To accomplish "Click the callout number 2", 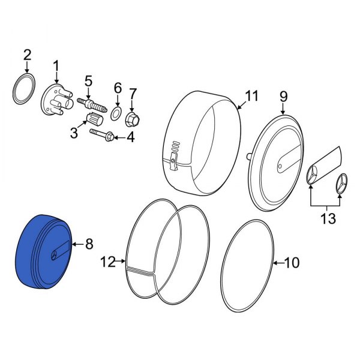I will (x=27, y=56).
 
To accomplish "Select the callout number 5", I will (x=88, y=80).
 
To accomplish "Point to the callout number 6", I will (x=118, y=87).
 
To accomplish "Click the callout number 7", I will (x=133, y=93).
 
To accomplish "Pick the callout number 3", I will (x=74, y=133).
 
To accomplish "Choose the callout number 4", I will (x=130, y=137).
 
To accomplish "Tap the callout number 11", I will (x=250, y=95).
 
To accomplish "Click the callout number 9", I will (x=283, y=95).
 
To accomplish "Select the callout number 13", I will (x=328, y=219).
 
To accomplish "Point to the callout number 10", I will (x=290, y=263).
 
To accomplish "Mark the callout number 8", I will (x=89, y=244).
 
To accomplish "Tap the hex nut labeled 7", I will (x=133, y=118).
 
